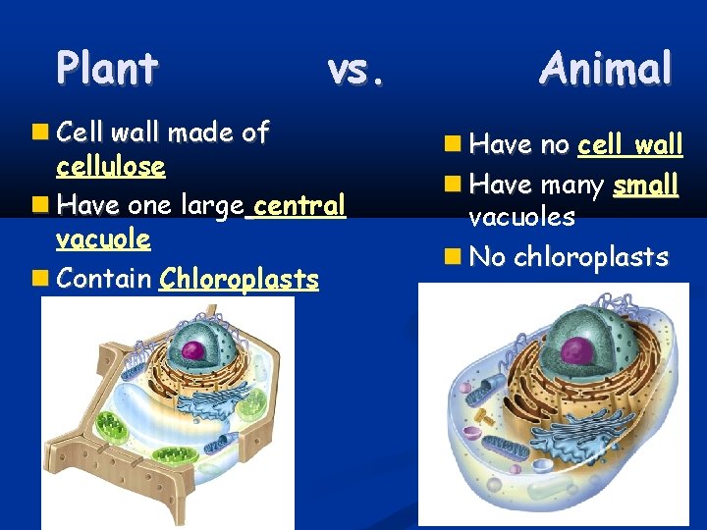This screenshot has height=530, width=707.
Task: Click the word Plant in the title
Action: click(107, 69)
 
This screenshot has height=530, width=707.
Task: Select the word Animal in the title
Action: click(606, 69)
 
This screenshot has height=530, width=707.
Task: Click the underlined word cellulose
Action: click(111, 166)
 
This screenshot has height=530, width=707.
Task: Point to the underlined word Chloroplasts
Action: click(239, 280)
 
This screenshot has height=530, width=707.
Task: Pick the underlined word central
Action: click(299, 206)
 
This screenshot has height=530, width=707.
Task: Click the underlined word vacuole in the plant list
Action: click(103, 239)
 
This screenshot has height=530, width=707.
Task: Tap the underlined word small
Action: click(645, 185)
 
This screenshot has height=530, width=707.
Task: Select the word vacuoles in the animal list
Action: click(521, 217)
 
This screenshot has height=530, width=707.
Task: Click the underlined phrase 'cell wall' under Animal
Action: click(629, 145)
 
